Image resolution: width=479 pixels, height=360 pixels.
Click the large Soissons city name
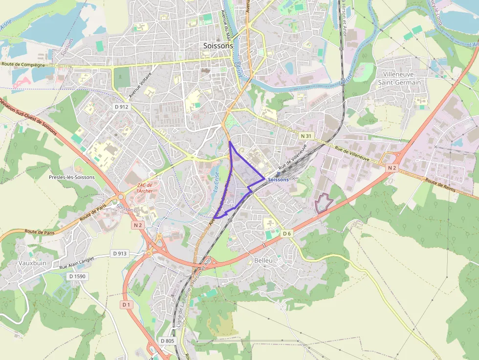pyautogui.click(x=218, y=45)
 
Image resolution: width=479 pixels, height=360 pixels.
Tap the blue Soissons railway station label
pyautogui.click(x=279, y=180)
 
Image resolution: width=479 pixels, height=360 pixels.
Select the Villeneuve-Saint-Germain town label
pyautogui.click(x=399, y=78)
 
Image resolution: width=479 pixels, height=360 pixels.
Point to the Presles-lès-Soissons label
pyautogui.click(x=72, y=177)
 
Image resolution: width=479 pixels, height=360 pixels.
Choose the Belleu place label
pyautogui.click(x=263, y=260)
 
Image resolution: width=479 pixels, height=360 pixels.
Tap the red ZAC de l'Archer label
pyautogui.click(x=145, y=188)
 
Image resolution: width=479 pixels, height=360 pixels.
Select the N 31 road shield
pyautogui.click(x=306, y=135)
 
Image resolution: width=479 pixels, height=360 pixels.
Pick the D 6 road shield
pyautogui.click(x=287, y=234)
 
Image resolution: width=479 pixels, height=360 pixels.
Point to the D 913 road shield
pyautogui.click(x=120, y=254)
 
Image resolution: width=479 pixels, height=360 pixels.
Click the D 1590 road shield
pyautogui.click(x=77, y=276)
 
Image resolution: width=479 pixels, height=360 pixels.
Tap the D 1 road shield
pyautogui.click(x=127, y=304)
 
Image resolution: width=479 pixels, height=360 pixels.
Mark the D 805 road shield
pyautogui.click(x=167, y=340)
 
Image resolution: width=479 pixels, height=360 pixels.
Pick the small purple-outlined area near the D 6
pyautogui.click(x=324, y=203)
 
